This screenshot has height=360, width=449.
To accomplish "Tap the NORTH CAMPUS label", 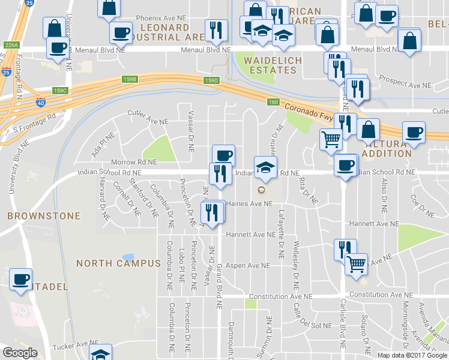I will (x=110, y=263).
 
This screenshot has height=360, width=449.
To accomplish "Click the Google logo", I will (x=20, y=353).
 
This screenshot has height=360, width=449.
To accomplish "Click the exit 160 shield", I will (x=273, y=102).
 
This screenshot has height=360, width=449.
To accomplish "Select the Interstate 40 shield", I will (x=41, y=103).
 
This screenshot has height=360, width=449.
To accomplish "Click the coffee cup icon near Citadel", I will (x=21, y=278).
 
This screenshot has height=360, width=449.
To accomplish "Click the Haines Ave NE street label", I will (x=249, y=204).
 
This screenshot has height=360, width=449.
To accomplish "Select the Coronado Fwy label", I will (x=308, y=110).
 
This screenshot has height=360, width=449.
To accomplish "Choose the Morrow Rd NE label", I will (x=134, y=162).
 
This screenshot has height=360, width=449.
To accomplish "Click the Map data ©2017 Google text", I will (x=412, y=355).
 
